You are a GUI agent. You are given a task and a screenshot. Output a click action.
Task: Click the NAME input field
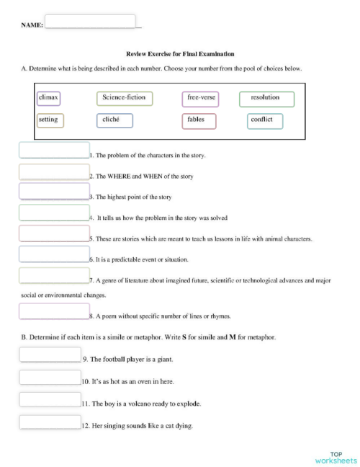click(90, 22)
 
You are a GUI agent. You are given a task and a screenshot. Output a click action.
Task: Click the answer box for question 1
click(54, 150)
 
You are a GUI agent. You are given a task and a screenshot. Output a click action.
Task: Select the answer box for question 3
click(54, 191)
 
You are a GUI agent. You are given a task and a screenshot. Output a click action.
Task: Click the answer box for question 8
click(54, 311)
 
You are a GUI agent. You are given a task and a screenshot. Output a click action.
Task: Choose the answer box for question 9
click(50, 355)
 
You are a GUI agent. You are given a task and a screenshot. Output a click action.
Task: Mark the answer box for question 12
click(50, 422)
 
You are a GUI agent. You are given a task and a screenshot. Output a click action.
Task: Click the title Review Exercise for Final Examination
click(180, 54)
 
